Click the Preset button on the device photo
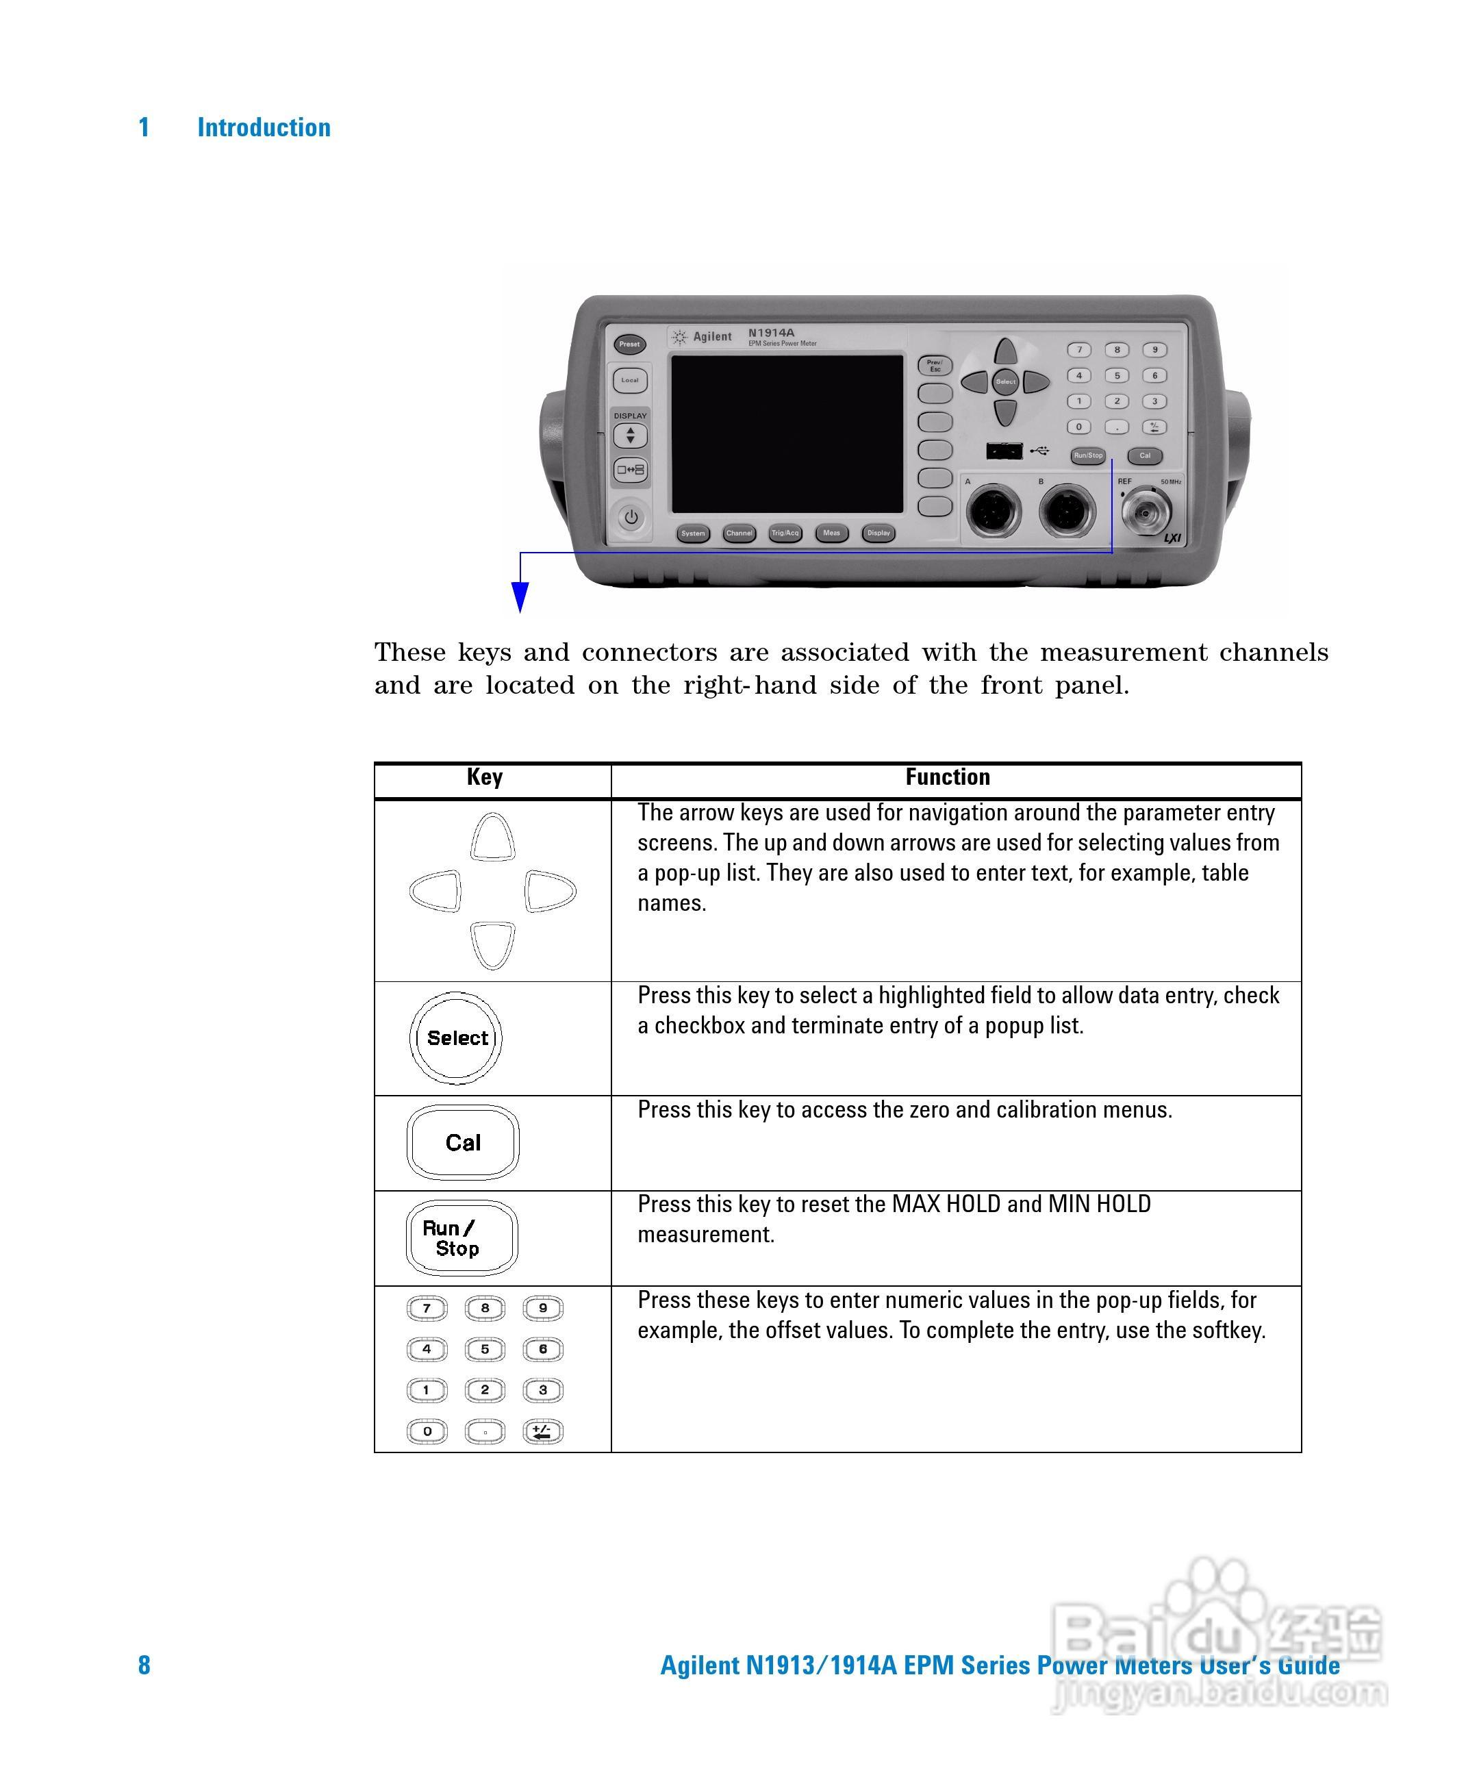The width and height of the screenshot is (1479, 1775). [x=630, y=344]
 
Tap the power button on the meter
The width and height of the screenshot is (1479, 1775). [x=631, y=517]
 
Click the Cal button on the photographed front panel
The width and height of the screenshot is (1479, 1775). [x=1145, y=455]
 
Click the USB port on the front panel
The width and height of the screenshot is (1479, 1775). [x=1004, y=451]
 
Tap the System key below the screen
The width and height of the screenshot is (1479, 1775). [x=693, y=533]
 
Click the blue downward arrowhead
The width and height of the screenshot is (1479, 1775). [x=520, y=598]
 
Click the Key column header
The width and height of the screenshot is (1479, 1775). [x=485, y=777]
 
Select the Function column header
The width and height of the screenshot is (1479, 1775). [x=948, y=777]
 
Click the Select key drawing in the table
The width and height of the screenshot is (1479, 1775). [x=457, y=1038]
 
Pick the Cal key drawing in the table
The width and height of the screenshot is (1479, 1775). [x=463, y=1143]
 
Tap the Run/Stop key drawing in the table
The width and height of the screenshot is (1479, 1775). [x=462, y=1238]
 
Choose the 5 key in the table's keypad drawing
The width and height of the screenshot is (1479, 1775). [x=485, y=1349]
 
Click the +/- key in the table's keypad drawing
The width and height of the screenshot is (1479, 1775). [x=542, y=1431]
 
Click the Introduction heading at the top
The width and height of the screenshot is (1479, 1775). [x=264, y=127]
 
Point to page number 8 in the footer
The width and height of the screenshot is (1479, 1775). [x=144, y=1665]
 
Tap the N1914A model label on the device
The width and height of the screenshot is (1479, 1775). [x=771, y=333]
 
